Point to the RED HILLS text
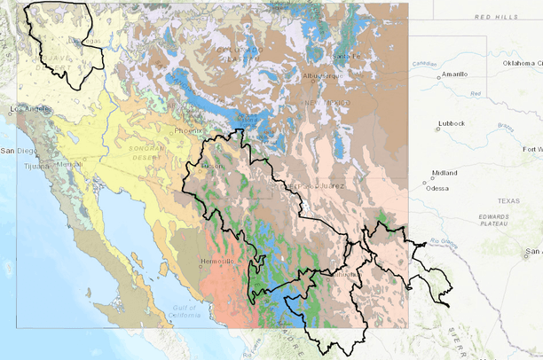(496, 17)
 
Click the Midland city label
(445, 174)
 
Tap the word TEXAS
(508, 200)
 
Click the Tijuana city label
(35, 166)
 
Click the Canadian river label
(424, 63)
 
